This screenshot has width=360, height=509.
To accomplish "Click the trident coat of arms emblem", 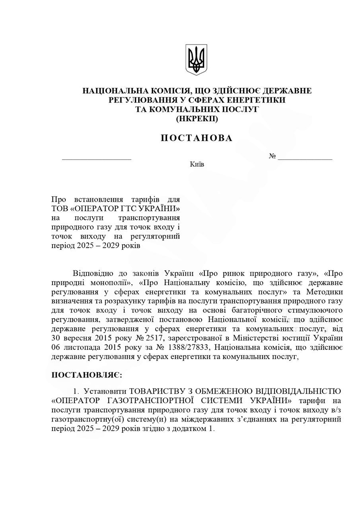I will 196,60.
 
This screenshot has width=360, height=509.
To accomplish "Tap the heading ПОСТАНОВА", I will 197,138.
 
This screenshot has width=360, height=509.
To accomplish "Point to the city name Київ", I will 197,164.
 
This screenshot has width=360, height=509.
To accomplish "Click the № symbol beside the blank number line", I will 272,156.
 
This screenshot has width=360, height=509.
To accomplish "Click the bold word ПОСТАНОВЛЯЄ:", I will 87,375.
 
